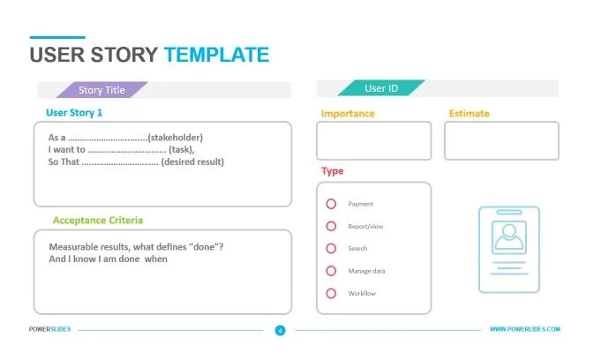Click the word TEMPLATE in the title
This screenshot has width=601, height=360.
[216, 55]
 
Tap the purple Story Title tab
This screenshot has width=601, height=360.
[102, 90]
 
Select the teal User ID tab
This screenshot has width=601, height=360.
[381, 88]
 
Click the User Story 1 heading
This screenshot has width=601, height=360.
[74, 112]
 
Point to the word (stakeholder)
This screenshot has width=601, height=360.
[175, 138]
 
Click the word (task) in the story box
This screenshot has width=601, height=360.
[181, 149]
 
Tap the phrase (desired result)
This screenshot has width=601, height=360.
[192, 161]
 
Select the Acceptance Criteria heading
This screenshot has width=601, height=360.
[98, 220]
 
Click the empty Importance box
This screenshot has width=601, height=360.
[373, 140]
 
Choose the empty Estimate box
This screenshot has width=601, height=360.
[502, 140]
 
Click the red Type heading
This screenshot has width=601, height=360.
[333, 171]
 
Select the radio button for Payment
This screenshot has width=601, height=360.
[331, 204]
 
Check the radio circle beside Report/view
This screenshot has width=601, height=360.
[331, 226]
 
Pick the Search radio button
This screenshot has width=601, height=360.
[331, 249]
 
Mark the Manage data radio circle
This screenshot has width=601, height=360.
[331, 271]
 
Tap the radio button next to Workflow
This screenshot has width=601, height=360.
[331, 293]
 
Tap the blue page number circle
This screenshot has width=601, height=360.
[280, 330]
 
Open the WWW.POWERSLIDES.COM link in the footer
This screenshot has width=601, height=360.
[525, 329]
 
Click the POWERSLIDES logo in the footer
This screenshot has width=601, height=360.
[49, 329]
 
